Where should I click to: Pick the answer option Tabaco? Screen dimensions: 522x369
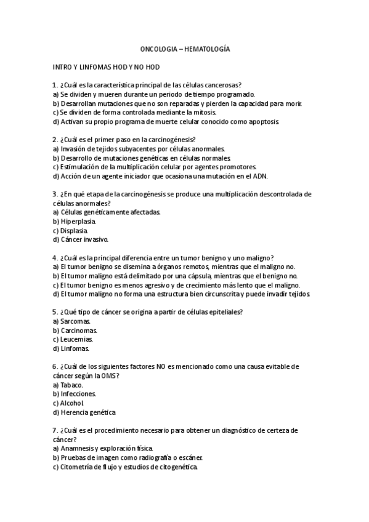tap(71, 385)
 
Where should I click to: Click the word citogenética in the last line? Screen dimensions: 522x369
tap(176, 467)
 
